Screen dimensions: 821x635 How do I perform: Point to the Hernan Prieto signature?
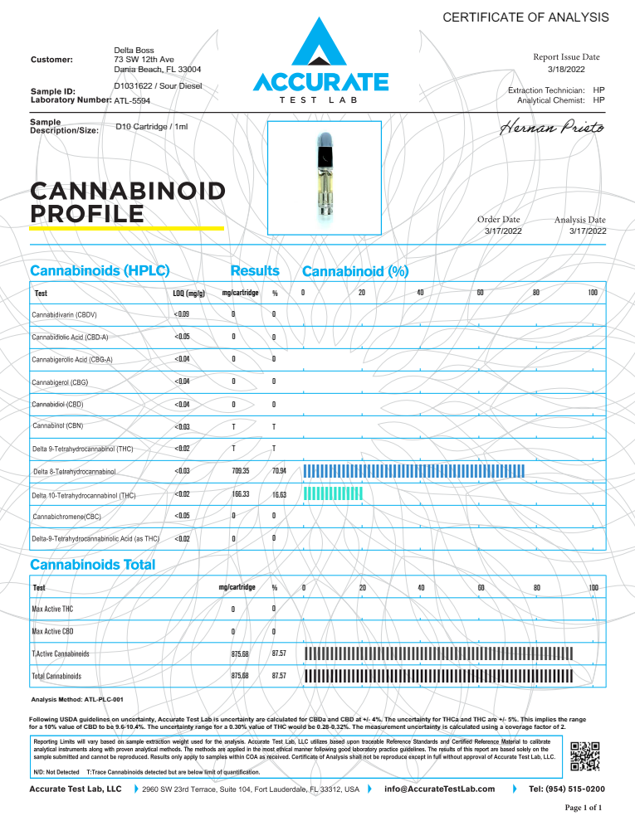pos(553,129)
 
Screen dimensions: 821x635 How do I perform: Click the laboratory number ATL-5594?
pos(132,100)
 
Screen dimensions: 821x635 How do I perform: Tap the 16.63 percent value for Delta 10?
pos(279,494)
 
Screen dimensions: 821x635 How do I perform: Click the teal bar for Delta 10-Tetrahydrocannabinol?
pos(334,494)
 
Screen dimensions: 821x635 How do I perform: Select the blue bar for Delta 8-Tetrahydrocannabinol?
pos(415,471)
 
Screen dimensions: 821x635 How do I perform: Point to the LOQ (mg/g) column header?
pos(183,294)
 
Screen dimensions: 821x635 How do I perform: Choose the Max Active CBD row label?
pos(52,632)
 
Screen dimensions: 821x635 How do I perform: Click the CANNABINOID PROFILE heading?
pos(127,202)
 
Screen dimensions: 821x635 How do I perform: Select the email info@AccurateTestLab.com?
pos(439,789)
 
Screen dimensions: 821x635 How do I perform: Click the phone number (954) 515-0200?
pos(567,789)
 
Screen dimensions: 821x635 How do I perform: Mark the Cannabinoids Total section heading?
pos(92,566)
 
